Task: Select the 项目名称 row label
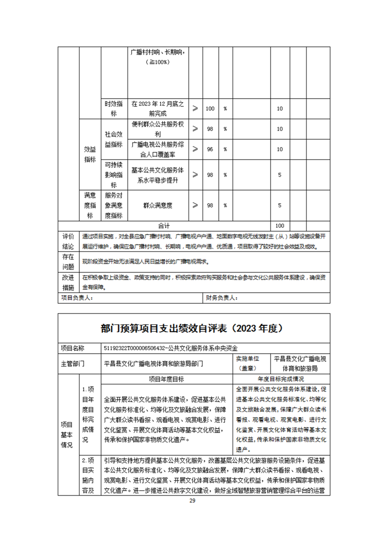(x=73, y=348)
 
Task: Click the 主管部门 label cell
(x=73, y=363)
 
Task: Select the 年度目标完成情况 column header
(x=281, y=379)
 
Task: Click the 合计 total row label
(x=164, y=226)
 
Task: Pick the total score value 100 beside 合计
(x=279, y=226)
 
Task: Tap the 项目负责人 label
(x=77, y=298)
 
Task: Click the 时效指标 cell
(x=114, y=109)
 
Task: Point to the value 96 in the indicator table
(x=210, y=149)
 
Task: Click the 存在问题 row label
(x=68, y=261)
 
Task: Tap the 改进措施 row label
(x=68, y=282)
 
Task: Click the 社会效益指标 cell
(x=114, y=139)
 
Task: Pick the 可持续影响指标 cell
(x=114, y=175)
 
